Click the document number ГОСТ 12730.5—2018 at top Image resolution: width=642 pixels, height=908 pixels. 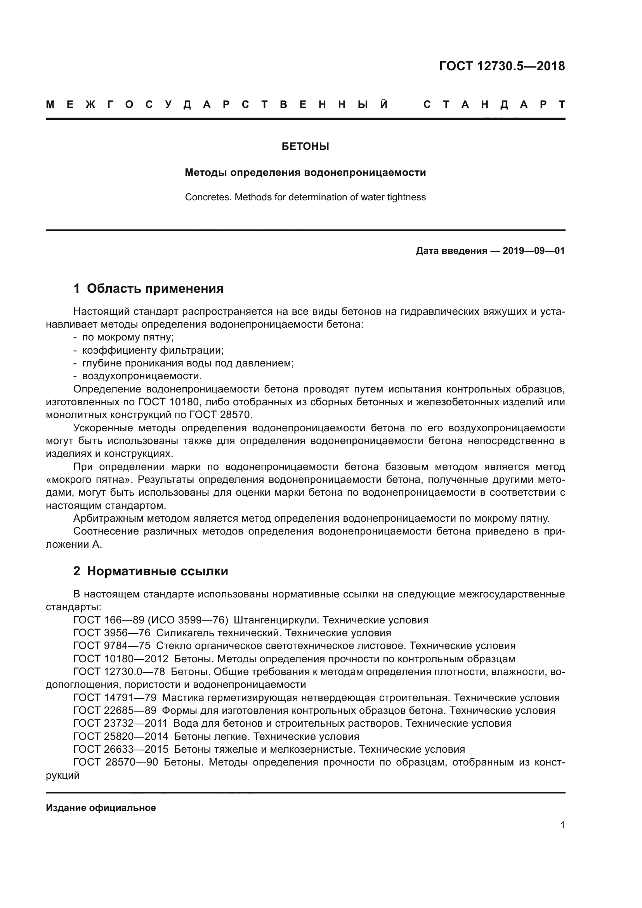pyautogui.click(x=501, y=66)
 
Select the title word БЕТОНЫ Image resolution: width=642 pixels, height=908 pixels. pyautogui.click(x=305, y=147)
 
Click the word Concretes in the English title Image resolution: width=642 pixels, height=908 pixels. pyautogui.click(x=208, y=197)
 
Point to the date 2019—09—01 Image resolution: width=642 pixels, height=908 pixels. pyautogui.click(x=533, y=251)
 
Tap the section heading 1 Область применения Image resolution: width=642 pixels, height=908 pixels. pyautogui.click(x=149, y=289)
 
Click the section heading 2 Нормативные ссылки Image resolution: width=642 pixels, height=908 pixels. pyautogui.click(x=151, y=571)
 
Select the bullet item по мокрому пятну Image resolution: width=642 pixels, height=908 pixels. pyautogui.click(x=128, y=337)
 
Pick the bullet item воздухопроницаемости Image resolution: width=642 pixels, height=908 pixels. pyautogui.click(x=142, y=376)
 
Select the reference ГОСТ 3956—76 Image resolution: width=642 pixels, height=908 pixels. pyautogui.click(x=112, y=633)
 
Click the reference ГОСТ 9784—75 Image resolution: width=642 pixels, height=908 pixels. pyautogui.click(x=112, y=646)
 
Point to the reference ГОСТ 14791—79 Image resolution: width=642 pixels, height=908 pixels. pyautogui.click(x=115, y=698)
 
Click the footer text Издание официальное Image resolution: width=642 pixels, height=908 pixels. pyautogui.click(x=101, y=808)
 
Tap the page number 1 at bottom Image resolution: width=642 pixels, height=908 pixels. pyautogui.click(x=562, y=825)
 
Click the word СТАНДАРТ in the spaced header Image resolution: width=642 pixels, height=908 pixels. pyautogui.click(x=494, y=105)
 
